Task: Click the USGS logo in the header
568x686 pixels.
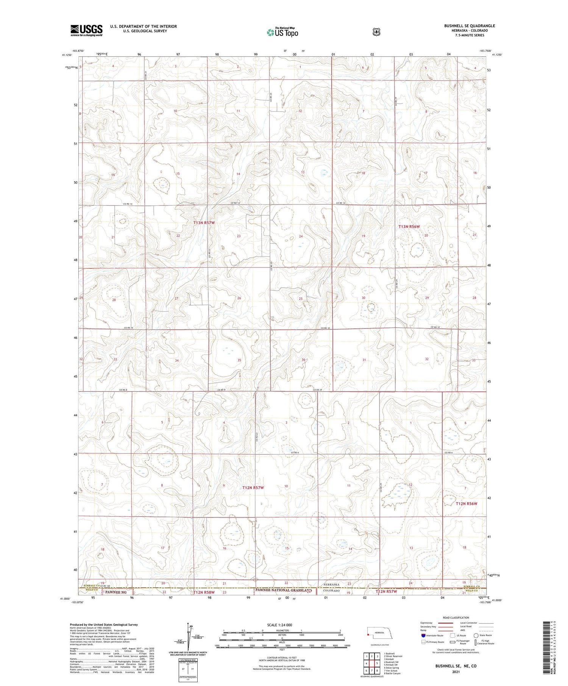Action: click(86, 30)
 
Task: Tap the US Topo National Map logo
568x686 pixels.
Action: click(282, 33)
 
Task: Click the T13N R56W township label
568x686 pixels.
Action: click(409, 226)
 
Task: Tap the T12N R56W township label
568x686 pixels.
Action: click(466, 504)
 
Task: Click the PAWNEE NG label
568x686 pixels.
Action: click(116, 592)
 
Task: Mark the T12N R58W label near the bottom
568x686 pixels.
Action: click(204, 592)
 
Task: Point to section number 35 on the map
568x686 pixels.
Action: click(239, 360)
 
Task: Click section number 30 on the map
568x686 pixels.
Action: click(364, 298)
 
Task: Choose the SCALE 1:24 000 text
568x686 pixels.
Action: click(279, 625)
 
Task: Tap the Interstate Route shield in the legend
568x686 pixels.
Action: click(423, 635)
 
